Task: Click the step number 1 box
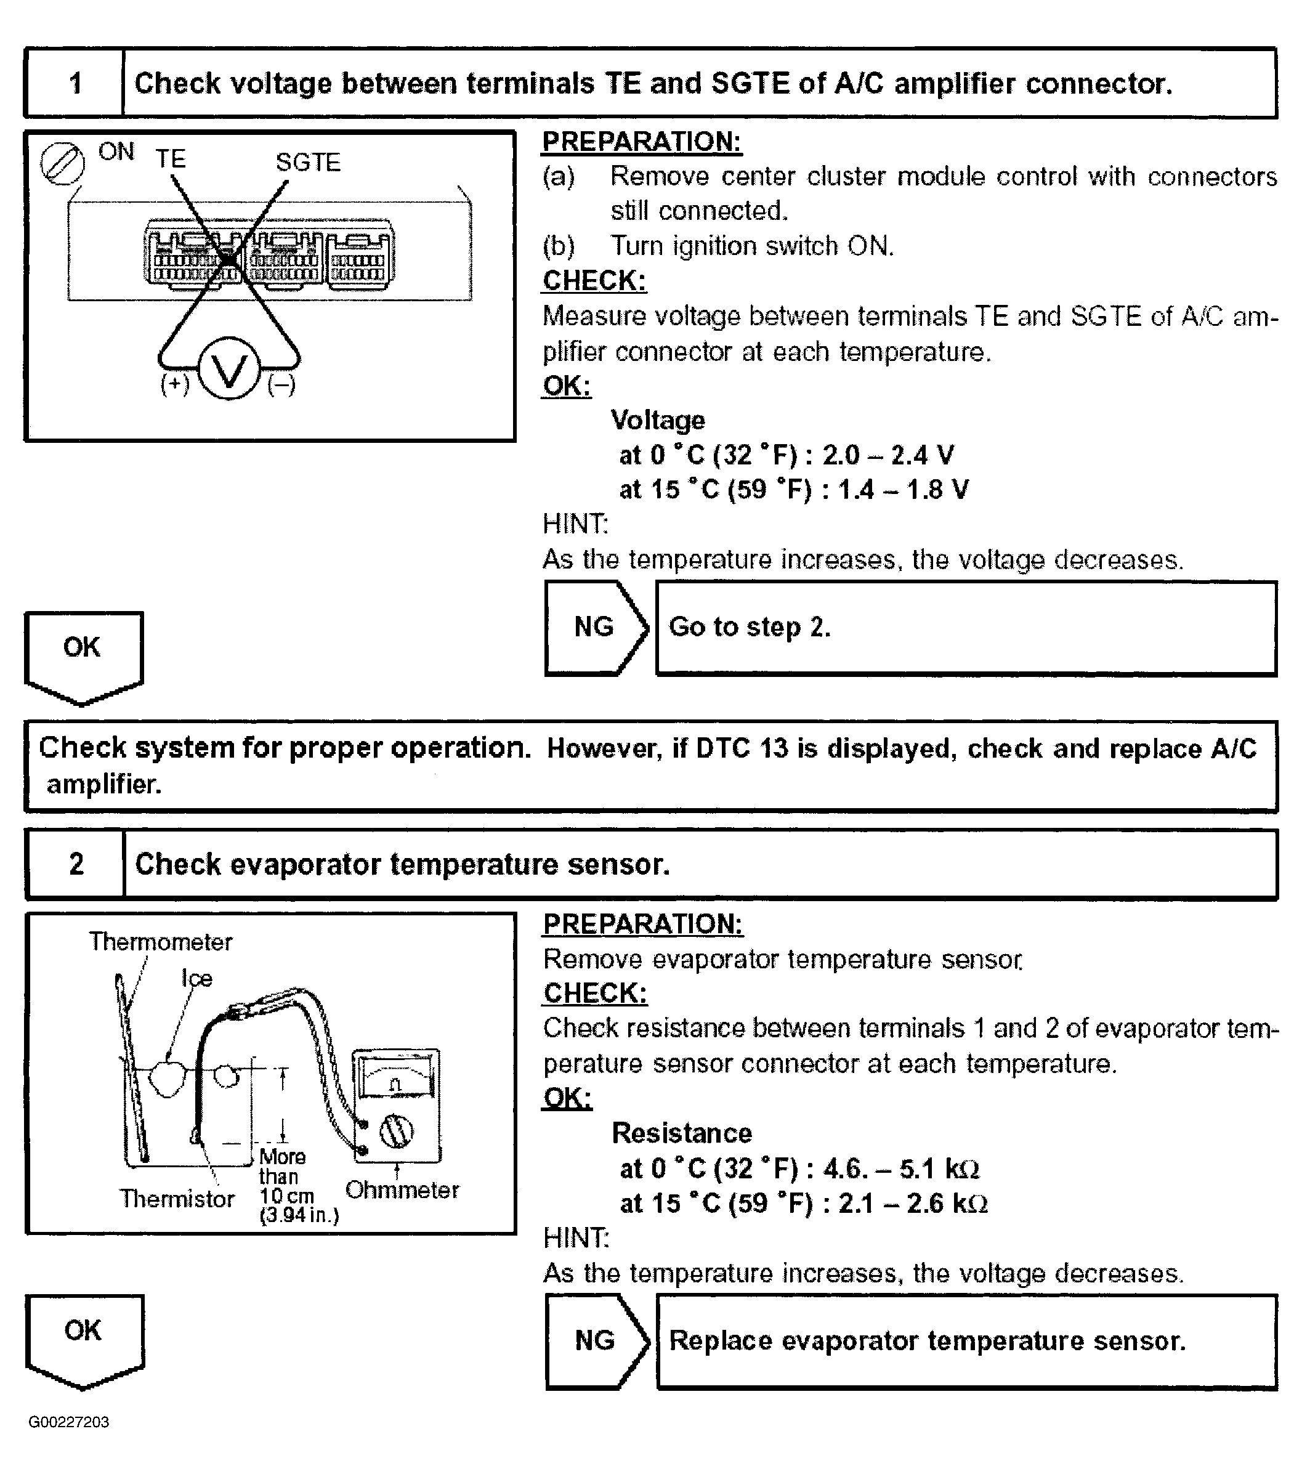click(x=75, y=84)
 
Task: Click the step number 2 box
click(x=76, y=864)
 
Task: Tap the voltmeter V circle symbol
click(x=229, y=371)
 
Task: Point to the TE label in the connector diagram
click(x=171, y=159)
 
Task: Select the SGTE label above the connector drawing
click(x=308, y=162)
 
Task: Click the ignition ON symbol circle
click(x=62, y=164)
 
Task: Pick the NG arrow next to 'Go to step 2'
click(x=595, y=628)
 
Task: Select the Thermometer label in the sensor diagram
click(x=160, y=942)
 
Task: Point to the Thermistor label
click(x=177, y=1199)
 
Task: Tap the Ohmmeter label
click(x=402, y=1191)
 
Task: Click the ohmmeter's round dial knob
click(x=396, y=1132)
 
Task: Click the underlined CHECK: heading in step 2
click(x=596, y=994)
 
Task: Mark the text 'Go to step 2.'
click(x=750, y=628)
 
